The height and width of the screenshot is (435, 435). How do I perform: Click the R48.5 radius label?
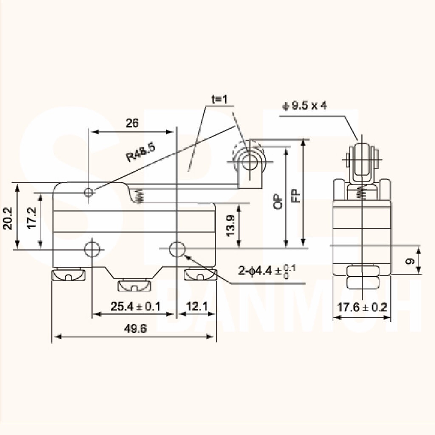(140, 153)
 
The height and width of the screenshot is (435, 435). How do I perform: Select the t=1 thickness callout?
(219, 99)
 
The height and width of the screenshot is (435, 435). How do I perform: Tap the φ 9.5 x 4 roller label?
(305, 105)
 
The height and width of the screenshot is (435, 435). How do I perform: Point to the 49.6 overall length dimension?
(135, 329)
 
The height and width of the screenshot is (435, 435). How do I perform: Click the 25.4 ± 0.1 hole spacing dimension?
(136, 307)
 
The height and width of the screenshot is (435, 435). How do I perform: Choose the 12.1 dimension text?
(197, 307)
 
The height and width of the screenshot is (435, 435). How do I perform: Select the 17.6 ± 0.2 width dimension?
(362, 308)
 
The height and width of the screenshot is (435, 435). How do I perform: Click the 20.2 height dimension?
(8, 219)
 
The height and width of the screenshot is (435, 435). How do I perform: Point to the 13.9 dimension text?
(230, 226)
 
